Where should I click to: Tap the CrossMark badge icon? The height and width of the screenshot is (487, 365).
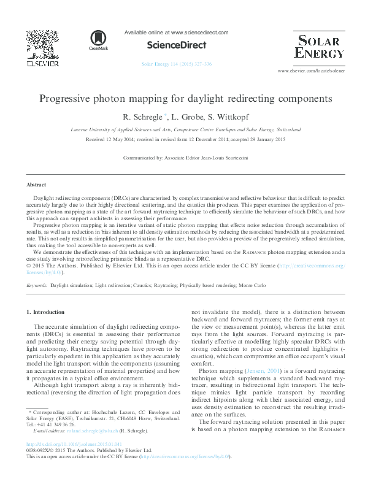(x=98, y=40)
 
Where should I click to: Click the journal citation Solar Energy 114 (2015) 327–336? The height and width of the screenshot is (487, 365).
(x=176, y=64)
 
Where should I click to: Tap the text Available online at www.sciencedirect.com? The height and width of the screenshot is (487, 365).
(x=176, y=33)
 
